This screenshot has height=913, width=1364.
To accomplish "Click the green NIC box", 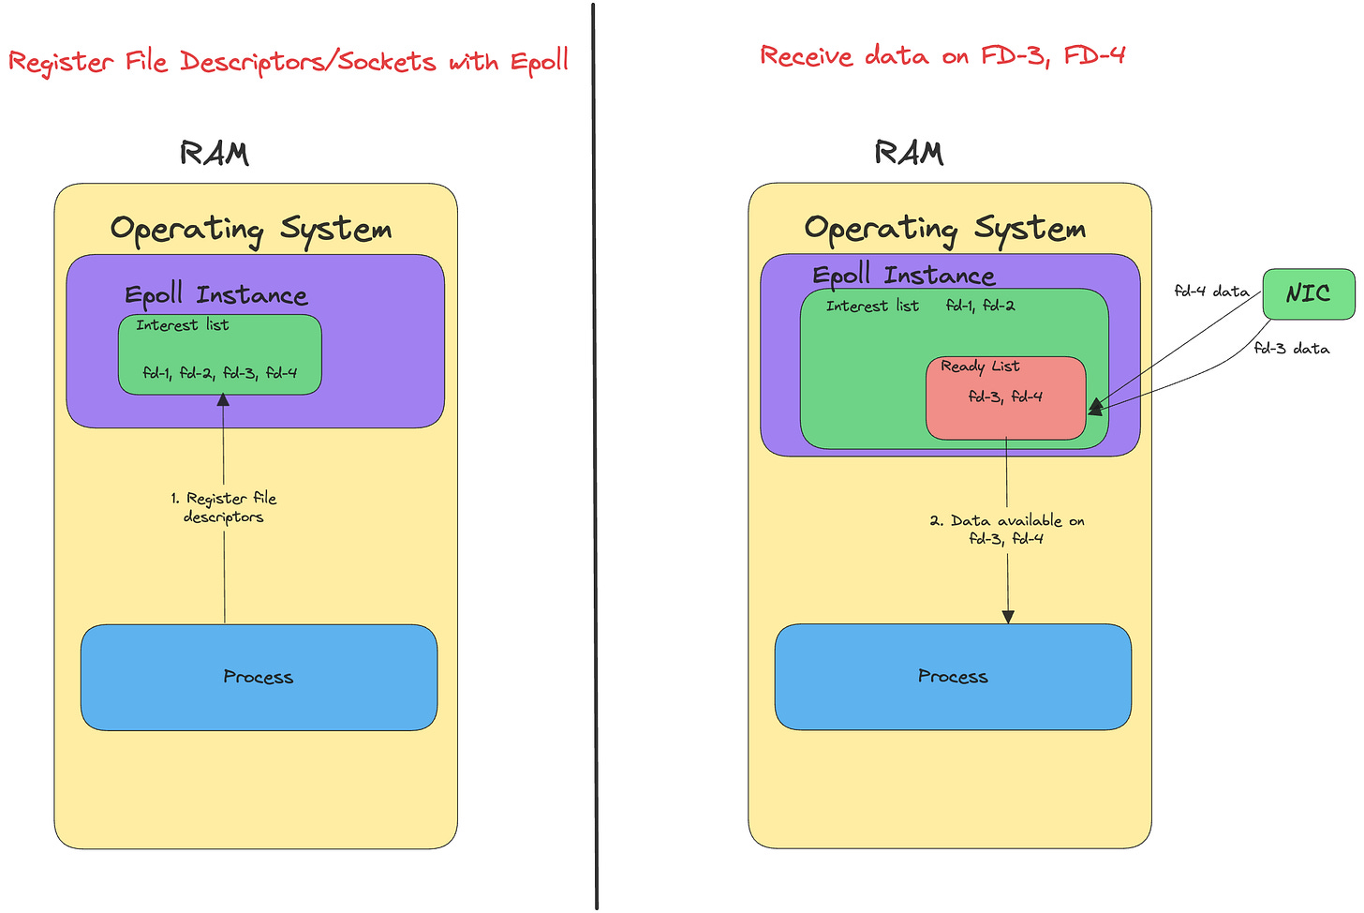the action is pyautogui.click(x=1309, y=293).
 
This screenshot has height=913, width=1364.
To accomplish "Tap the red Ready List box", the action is pyautogui.click(x=1006, y=398).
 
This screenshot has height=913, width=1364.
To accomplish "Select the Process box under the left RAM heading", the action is pyautogui.click(x=259, y=677).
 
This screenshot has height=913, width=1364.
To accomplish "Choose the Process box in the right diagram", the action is pyautogui.click(x=953, y=677).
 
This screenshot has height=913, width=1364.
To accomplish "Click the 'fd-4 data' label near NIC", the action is pyautogui.click(x=1212, y=291).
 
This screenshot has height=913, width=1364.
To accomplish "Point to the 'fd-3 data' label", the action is pyautogui.click(x=1292, y=348).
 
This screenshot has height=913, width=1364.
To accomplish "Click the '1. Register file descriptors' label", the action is pyautogui.click(x=224, y=507).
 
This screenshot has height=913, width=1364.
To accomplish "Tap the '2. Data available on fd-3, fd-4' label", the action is pyautogui.click(x=1006, y=529).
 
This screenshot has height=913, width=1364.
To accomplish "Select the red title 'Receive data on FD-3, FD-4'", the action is pyautogui.click(x=942, y=56).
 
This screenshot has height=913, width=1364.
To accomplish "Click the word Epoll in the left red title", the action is pyautogui.click(x=540, y=62).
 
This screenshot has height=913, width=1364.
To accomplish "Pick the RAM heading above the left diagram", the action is pyautogui.click(x=215, y=153).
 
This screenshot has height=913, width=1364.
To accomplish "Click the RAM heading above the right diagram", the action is pyautogui.click(x=909, y=152).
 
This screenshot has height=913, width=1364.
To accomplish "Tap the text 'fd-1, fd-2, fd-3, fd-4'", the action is pyautogui.click(x=220, y=372).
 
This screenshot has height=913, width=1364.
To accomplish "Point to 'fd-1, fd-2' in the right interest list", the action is pyautogui.click(x=980, y=306).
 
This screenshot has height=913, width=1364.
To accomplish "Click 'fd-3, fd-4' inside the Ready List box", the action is pyautogui.click(x=1005, y=397).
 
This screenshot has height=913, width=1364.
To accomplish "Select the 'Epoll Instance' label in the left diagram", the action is pyautogui.click(x=216, y=295).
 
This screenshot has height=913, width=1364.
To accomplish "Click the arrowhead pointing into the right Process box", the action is pyautogui.click(x=1008, y=617).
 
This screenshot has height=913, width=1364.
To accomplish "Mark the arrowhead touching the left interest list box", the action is pyautogui.click(x=224, y=400).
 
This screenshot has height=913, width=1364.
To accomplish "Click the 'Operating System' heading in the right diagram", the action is pyautogui.click(x=945, y=230).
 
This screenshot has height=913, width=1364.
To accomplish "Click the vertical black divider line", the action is pyautogui.click(x=595, y=456).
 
